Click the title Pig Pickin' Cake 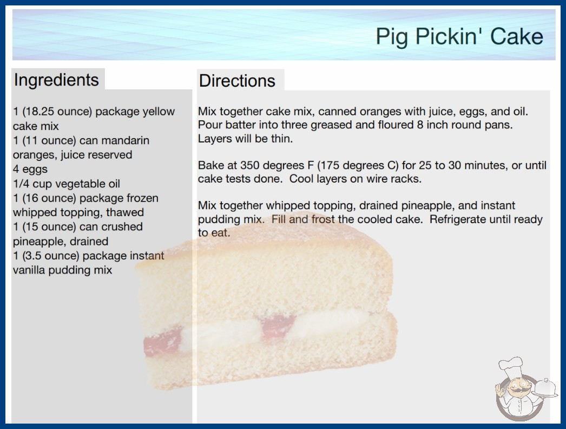tap(459, 37)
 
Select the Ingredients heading tap(56, 80)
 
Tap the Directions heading tap(237, 81)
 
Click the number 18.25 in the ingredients tap(39, 112)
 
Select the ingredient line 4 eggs tap(30, 169)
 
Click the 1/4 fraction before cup tap(21, 184)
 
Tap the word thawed tap(125, 212)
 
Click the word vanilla tap(29, 270)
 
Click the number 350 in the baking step tap(250, 165)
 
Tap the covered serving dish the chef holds tap(546, 388)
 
